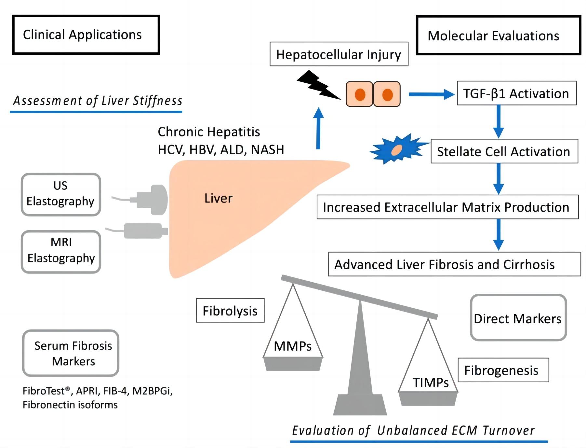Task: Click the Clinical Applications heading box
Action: (86, 35)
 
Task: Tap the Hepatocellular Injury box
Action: (339, 54)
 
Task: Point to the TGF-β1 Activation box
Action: (516, 93)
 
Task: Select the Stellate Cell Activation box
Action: (504, 151)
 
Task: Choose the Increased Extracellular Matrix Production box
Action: (447, 207)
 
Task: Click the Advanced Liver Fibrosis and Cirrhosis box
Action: (454, 264)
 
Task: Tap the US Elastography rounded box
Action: (61, 194)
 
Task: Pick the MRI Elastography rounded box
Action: (61, 251)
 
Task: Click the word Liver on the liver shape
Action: (218, 198)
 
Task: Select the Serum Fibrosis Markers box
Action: (71, 353)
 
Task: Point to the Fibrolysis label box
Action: (230, 311)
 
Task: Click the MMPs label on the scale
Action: (292, 346)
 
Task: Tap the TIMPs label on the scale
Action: (430, 382)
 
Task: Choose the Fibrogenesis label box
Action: (503, 370)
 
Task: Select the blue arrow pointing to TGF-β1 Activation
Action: (431, 94)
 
